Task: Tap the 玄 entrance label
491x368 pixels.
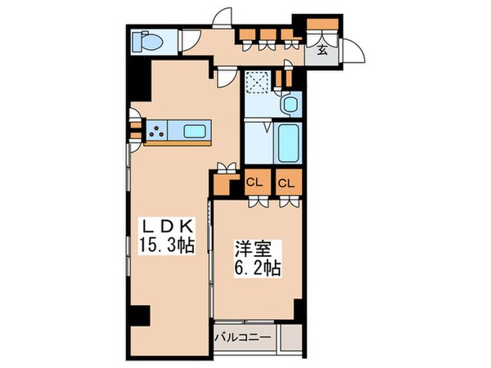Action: click(x=322, y=50)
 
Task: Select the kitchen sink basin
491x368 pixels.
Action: click(x=196, y=131)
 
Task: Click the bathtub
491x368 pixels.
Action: click(x=288, y=144)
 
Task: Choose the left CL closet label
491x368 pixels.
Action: click(x=254, y=182)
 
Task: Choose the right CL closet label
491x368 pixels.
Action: click(x=286, y=182)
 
